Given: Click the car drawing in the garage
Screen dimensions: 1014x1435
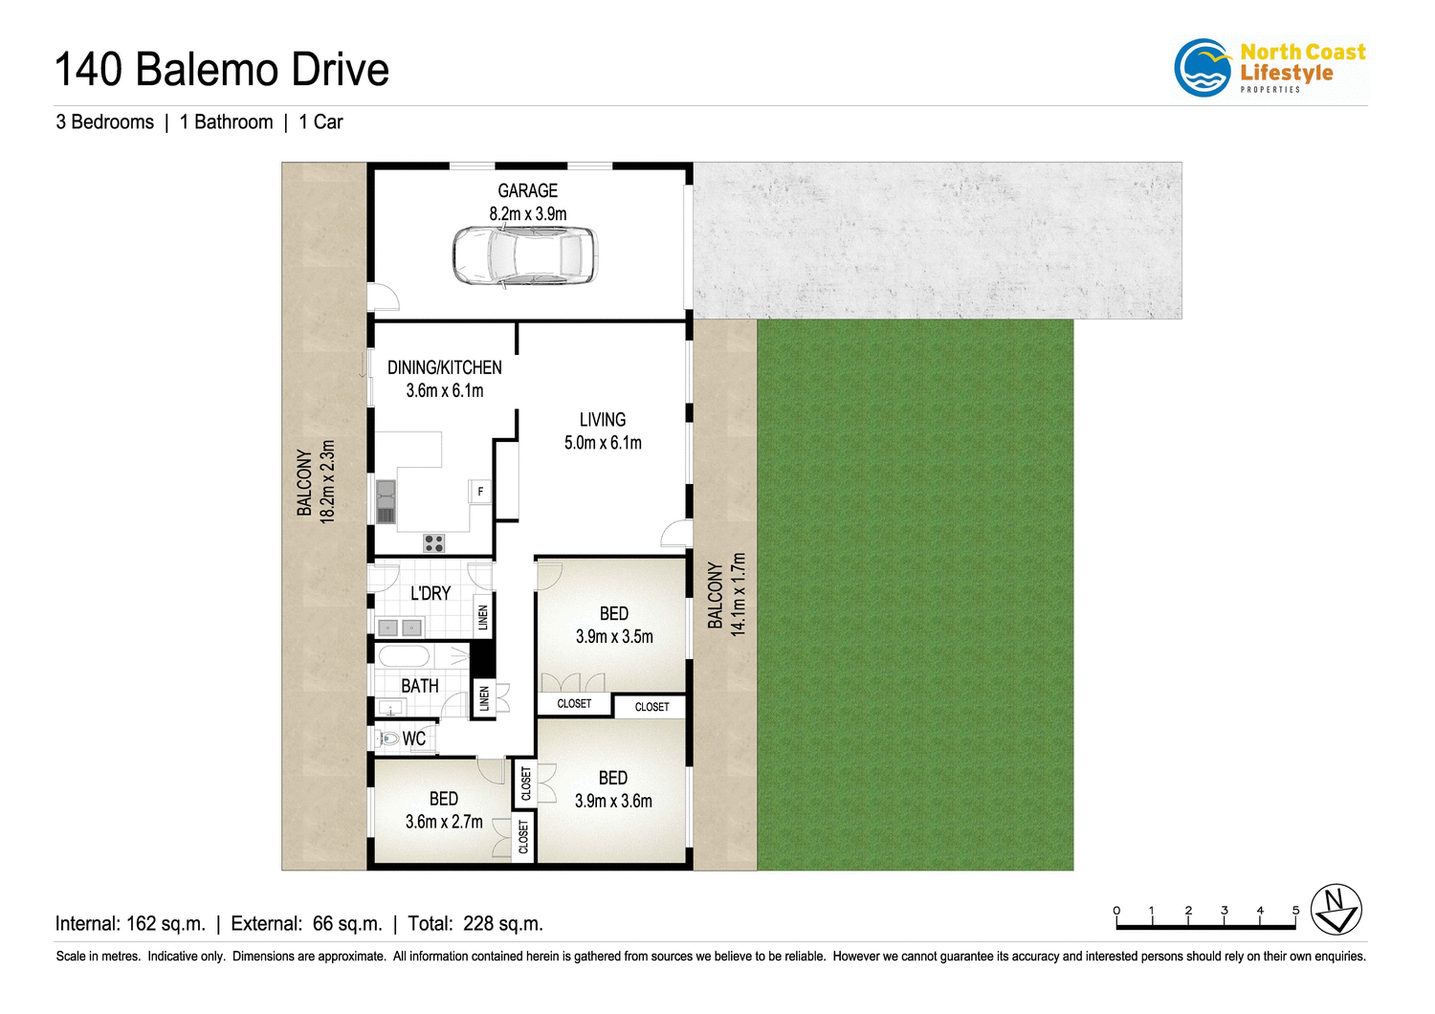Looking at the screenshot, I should pos(524,256).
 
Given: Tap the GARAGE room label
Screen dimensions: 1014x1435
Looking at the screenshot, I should pos(527,190).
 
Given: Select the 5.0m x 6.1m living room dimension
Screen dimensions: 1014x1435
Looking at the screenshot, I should pos(603,443).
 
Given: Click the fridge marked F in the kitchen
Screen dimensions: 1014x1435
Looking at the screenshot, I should pos(479,492).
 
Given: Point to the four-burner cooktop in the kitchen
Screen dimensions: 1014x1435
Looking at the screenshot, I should pos(434,543).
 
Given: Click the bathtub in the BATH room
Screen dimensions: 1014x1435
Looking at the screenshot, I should pos(404,656).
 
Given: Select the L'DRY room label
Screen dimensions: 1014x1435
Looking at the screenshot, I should pos(430,594).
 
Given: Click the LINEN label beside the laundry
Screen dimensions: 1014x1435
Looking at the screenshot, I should pos(483,617).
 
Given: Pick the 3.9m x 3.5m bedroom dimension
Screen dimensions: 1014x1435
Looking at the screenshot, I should pos(614,637).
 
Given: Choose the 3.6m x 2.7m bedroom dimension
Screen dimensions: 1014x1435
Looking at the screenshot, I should pos(444,822).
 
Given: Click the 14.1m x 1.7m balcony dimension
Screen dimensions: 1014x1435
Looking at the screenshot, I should pos(738,594).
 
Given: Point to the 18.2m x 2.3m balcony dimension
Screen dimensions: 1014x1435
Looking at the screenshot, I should pos(327,481).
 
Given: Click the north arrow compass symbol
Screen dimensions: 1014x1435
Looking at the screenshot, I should pos(1336,909).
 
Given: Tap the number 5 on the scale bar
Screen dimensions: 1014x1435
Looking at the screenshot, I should pos(1296,910).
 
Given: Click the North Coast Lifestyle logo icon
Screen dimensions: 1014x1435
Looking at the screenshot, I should pos(1203,68).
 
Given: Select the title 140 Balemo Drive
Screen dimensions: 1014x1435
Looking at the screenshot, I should pos(222,70).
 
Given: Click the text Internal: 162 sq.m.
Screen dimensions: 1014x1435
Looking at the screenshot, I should pos(130,924).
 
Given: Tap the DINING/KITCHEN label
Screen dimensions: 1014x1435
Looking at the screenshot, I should pos(444,367).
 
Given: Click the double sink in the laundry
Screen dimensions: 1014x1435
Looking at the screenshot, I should pos(400,628).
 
